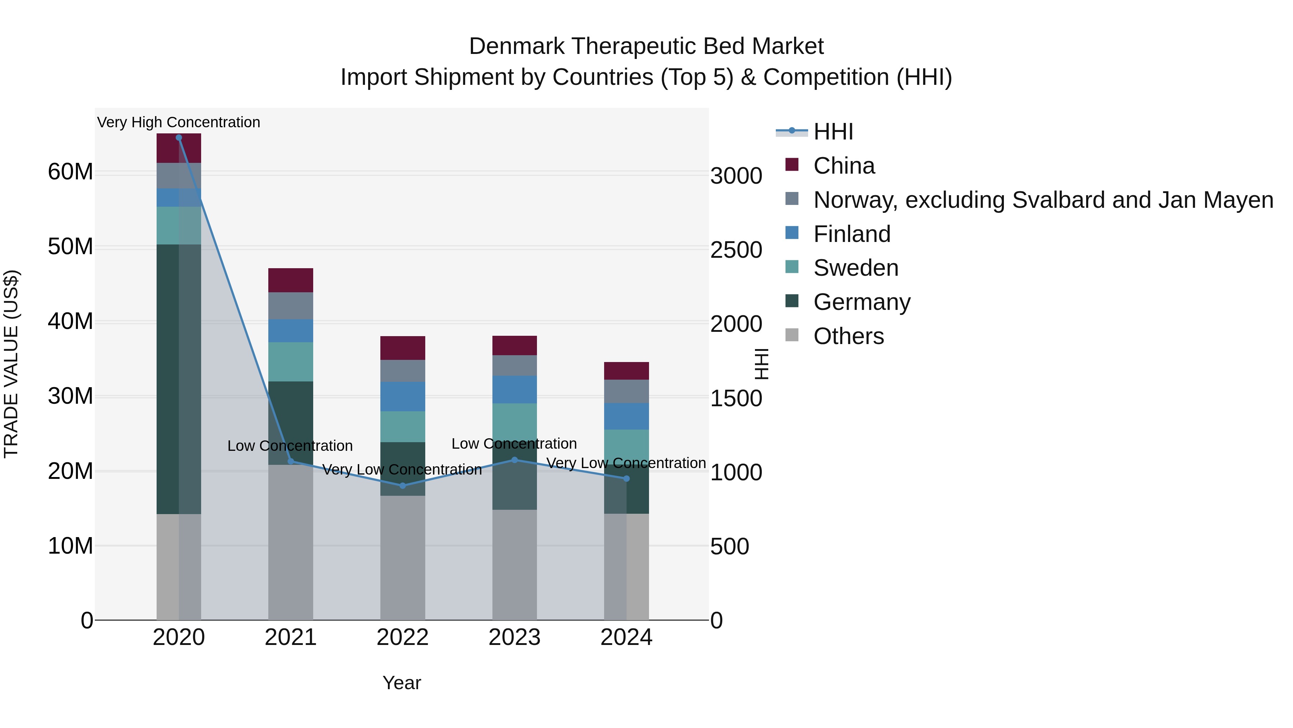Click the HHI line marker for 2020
[x=179, y=138]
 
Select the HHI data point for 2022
[x=403, y=485]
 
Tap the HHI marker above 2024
[x=626, y=479]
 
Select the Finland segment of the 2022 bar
[x=403, y=397]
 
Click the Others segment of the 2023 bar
[x=514, y=565]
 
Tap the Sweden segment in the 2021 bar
[x=291, y=362]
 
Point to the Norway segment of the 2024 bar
[x=626, y=392]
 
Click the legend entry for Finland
[x=852, y=234]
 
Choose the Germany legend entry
[x=861, y=302]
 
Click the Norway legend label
[x=1043, y=200]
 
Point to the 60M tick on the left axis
[x=70, y=172]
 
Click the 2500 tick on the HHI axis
[x=736, y=250]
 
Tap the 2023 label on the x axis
[x=514, y=637]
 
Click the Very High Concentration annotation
[x=179, y=123]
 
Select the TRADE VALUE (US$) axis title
[x=11, y=364]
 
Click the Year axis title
[x=402, y=683]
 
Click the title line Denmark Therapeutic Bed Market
[x=646, y=46]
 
